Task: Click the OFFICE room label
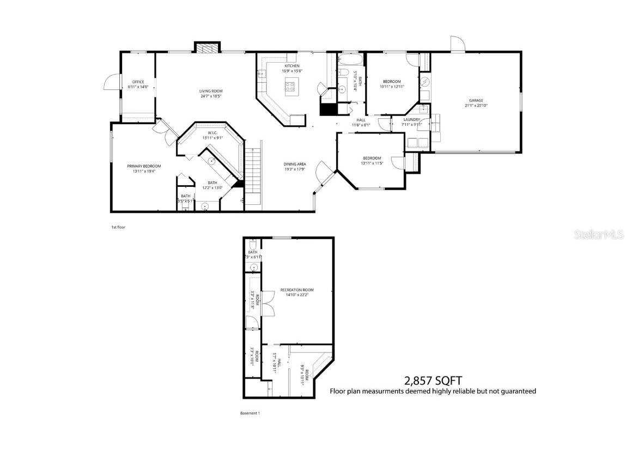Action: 138,82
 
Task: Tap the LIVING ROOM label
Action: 210,91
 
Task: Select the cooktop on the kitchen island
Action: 290,86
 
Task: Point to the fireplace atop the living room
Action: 206,48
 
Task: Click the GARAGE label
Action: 476,100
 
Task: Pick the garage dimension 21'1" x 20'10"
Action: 476,106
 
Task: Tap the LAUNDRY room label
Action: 411,119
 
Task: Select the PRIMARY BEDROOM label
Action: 144,166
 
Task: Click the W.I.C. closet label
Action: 212,132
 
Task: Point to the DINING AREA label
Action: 294,164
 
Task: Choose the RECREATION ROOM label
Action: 297,290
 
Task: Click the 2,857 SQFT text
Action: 433,380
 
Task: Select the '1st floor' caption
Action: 118,227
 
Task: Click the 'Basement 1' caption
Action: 250,413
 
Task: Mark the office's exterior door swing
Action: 111,82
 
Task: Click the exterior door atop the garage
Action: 457,45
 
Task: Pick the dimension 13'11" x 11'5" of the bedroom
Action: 370,163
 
